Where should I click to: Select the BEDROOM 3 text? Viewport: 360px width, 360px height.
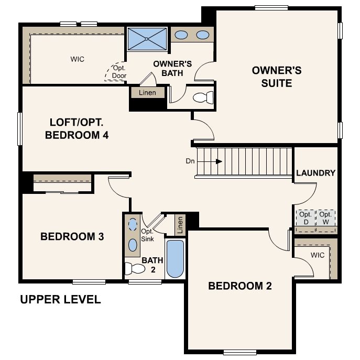click(72, 236)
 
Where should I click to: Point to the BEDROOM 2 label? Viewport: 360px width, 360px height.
click(239, 286)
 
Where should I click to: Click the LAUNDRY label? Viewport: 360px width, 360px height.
click(315, 173)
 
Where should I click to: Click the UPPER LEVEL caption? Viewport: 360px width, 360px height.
click(60, 300)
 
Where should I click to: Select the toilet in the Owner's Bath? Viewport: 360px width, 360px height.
click(203, 97)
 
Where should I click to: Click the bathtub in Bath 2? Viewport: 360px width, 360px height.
click(176, 259)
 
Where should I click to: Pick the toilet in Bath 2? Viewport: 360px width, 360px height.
click(135, 269)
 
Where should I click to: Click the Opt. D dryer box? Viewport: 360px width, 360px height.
click(306, 218)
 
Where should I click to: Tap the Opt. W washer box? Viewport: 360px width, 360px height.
click(326, 218)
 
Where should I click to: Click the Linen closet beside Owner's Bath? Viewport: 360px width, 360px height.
click(147, 93)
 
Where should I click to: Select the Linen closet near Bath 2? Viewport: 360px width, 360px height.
click(180, 224)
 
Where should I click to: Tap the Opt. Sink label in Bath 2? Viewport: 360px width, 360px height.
click(147, 235)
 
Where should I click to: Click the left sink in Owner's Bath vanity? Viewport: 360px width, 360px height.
click(181, 35)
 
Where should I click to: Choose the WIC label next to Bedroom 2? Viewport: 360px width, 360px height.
click(318, 255)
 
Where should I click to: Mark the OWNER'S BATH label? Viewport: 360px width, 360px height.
click(172, 69)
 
